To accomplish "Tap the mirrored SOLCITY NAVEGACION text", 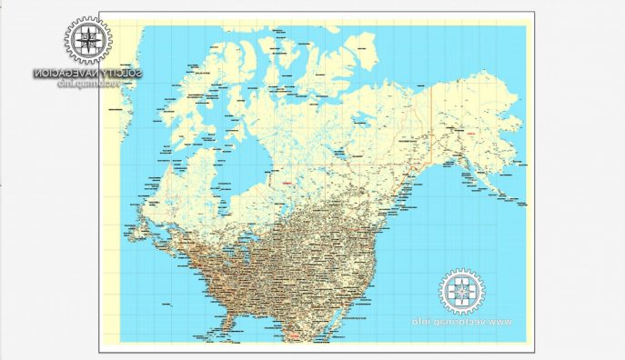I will [87, 73].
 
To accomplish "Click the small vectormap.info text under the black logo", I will [87, 84].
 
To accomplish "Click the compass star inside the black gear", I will [87, 40].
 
